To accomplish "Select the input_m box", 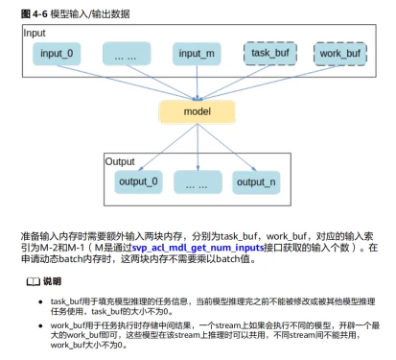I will [x=198, y=55].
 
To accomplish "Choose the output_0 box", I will [x=140, y=180].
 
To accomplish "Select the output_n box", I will [x=256, y=180].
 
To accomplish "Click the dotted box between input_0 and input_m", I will [x=127, y=55].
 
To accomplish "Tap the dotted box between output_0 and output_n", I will [x=198, y=180].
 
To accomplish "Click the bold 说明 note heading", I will [x=52, y=280].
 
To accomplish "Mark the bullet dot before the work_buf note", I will [x=40, y=327].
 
